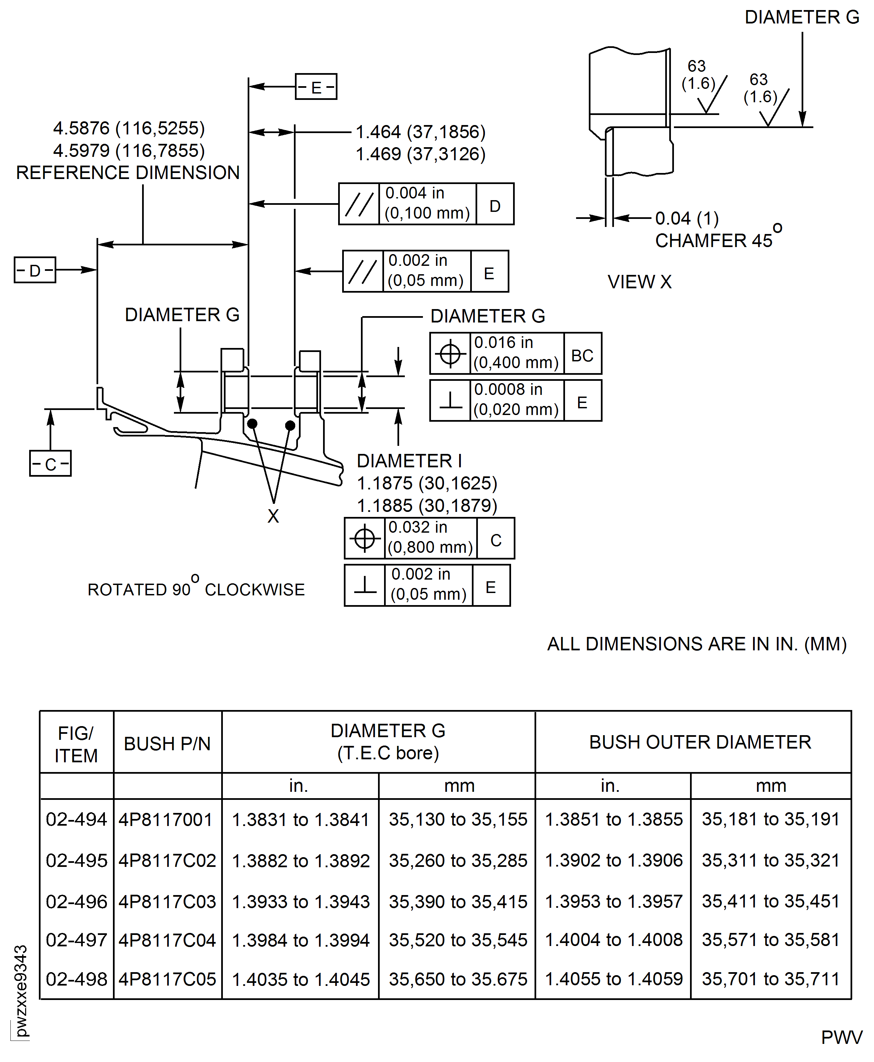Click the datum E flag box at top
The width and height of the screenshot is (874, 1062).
pos(316,86)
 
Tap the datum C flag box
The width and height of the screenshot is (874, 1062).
pos(50,463)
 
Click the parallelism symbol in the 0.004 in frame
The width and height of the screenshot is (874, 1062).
pos(359,204)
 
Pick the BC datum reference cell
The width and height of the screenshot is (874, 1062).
pos(582,353)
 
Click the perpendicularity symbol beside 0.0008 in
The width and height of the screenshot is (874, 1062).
pos(450,400)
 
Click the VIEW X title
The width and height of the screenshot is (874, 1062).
pos(639,282)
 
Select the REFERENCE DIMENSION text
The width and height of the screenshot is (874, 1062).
pos(128,173)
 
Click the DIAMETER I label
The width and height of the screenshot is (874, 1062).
pos(409,461)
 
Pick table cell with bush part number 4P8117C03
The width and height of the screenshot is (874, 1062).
pos(167,901)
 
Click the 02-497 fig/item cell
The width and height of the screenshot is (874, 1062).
pos(76,940)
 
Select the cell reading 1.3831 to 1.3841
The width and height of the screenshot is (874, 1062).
pos(301,820)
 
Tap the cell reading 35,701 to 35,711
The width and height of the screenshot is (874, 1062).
pos(770,979)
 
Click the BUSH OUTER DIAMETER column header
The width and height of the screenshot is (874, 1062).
pos(700,742)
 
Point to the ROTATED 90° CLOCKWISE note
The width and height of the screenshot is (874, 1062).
pos(196,589)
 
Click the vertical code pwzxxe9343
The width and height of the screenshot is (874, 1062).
pos(20,992)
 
